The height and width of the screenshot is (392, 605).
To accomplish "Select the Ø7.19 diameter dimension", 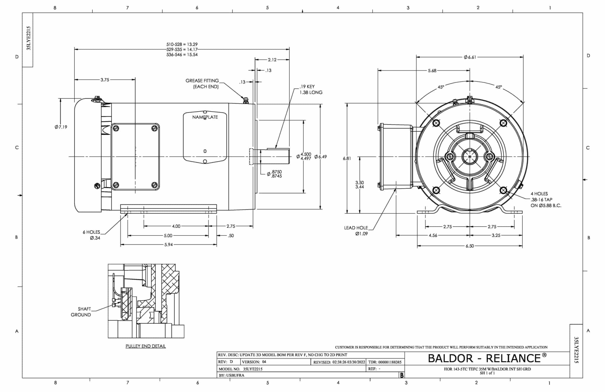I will tap(61, 127).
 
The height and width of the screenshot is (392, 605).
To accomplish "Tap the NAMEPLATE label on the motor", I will tap(205, 117).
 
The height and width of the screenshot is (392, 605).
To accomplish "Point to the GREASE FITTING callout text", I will tap(202, 83).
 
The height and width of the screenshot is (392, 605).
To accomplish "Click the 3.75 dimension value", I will tap(105, 80).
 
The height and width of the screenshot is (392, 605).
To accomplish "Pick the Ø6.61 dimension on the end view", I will tap(470, 57).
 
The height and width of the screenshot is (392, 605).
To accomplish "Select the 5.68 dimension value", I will tap(432, 71).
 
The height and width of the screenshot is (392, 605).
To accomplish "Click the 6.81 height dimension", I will tap(347, 158).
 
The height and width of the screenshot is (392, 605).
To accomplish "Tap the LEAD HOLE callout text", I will tap(356, 230).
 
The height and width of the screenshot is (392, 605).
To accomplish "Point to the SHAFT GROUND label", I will tap(81, 312).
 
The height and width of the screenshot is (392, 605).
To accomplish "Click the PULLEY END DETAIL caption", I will tap(146, 346).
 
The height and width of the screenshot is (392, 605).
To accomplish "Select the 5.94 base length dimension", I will tap(168, 245).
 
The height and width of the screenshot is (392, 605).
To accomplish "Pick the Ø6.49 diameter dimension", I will tap(321, 157).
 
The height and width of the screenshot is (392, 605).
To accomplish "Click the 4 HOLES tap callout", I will tap(545, 200).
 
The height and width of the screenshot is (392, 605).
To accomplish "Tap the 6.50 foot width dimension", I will tap(470, 246).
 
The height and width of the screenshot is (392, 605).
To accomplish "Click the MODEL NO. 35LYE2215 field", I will tap(240, 369).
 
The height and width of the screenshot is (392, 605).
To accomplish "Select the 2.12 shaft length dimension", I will tap(272, 60).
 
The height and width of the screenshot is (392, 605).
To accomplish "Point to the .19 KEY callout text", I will tap(311, 89).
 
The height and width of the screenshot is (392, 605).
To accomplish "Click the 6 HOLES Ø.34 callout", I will tap(92, 235).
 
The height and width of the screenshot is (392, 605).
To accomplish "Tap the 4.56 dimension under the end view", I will tap(433, 235).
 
